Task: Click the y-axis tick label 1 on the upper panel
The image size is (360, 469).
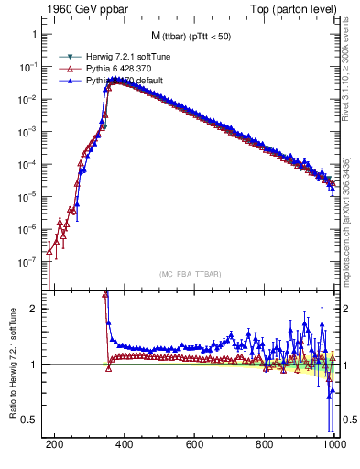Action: point(34,36)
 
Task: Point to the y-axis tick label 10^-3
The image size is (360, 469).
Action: point(27,132)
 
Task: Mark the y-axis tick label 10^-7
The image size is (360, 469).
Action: point(27,261)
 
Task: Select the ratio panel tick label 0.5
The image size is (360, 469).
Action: point(29,420)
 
